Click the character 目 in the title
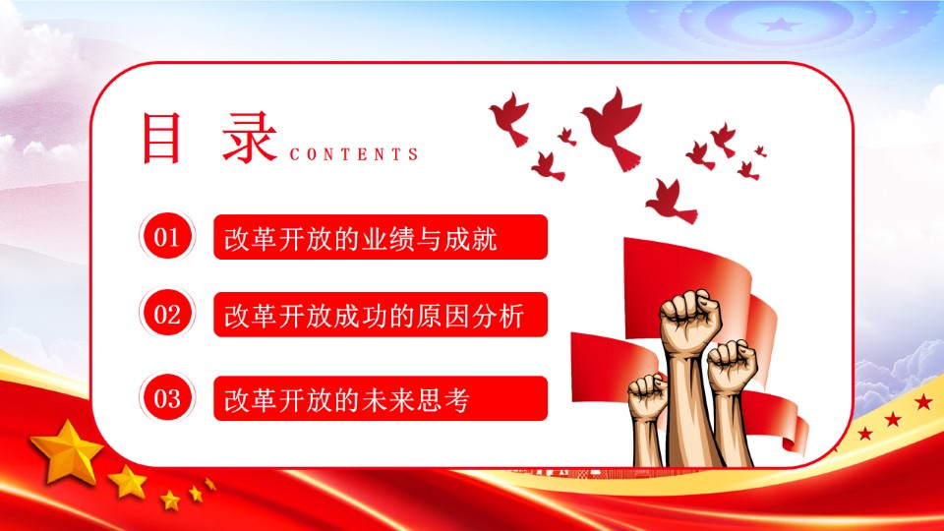tap(160, 138)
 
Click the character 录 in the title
tap(249, 138)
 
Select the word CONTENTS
tap(354, 154)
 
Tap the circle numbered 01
tap(167, 237)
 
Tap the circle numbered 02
tap(167, 314)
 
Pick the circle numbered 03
tap(167, 398)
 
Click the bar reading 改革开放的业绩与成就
tap(381, 237)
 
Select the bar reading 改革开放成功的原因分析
tap(381, 315)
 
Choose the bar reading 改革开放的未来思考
tap(381, 398)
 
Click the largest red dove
tap(614, 127)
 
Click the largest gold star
tap(68, 452)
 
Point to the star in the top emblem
tap(781, 25)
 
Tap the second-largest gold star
tap(128, 482)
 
